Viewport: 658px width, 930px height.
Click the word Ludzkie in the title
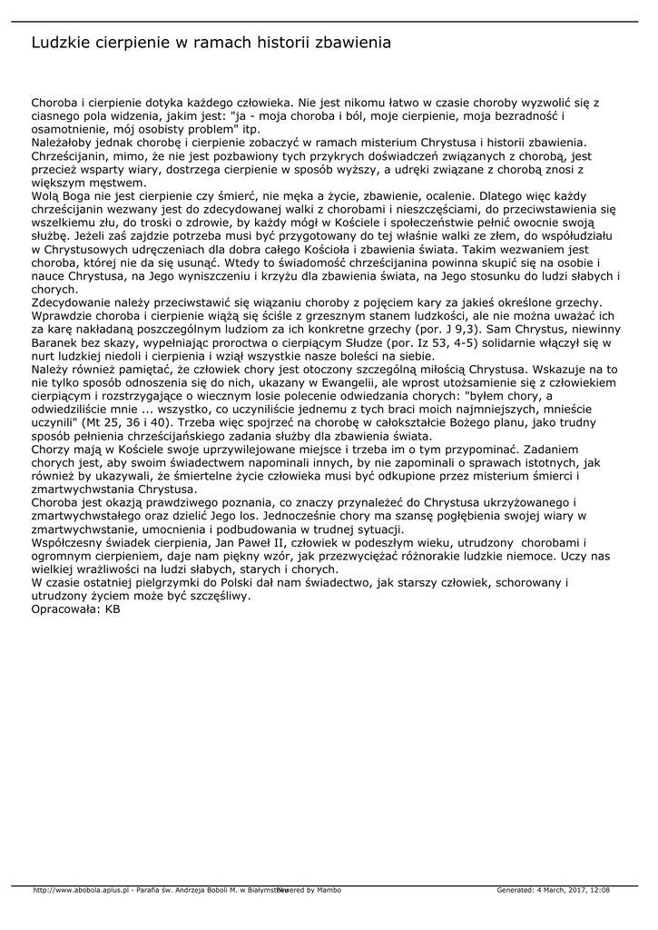[x=61, y=43]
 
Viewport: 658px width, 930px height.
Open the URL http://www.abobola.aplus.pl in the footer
[x=82, y=890]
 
